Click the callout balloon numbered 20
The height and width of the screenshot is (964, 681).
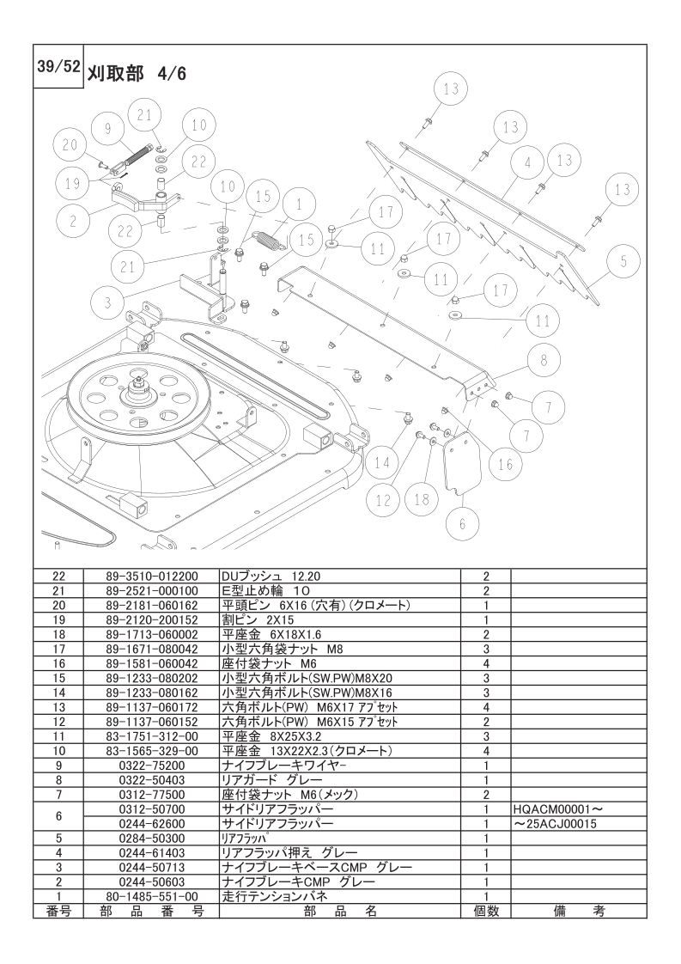pos(70,144)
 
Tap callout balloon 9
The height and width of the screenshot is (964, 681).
pos(107,128)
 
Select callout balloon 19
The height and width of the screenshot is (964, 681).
pos(70,182)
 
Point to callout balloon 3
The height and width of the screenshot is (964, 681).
pos(107,302)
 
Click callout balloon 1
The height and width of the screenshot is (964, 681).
pos(298,204)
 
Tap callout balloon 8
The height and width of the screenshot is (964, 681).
pos(544,361)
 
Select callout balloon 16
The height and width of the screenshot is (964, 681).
pos(505,464)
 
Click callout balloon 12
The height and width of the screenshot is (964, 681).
pos(382,497)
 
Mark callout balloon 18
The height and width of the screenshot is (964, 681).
pos(421,498)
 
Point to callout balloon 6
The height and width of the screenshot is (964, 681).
pos(462,522)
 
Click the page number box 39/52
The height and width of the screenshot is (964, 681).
pos(58,68)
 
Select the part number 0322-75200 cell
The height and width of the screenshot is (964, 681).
pos(151,765)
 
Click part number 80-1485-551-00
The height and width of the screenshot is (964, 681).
pos(151,895)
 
